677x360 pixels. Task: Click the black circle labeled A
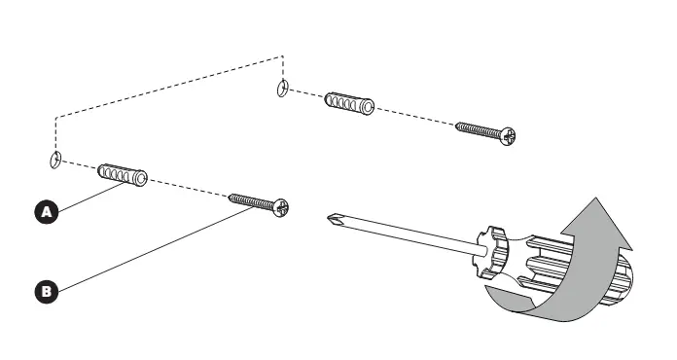point(46,212)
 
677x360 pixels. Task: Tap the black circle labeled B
point(46,291)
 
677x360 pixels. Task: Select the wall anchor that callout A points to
point(123,175)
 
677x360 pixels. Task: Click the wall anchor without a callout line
point(349,103)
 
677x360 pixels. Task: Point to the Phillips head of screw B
point(281,208)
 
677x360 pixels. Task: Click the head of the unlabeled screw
point(508,136)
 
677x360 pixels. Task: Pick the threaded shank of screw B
point(251,201)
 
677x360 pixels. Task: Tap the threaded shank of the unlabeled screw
point(479,130)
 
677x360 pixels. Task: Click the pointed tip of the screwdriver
point(329,217)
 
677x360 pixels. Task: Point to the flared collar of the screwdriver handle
point(490,251)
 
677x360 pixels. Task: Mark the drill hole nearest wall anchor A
point(55,160)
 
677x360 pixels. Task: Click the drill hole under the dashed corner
point(282,89)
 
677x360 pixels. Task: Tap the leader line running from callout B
point(156,249)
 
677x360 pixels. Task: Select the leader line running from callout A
point(91,198)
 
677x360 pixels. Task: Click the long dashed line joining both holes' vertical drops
point(169,87)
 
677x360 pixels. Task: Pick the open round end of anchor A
point(139,178)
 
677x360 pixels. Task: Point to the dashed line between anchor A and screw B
point(189,188)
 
